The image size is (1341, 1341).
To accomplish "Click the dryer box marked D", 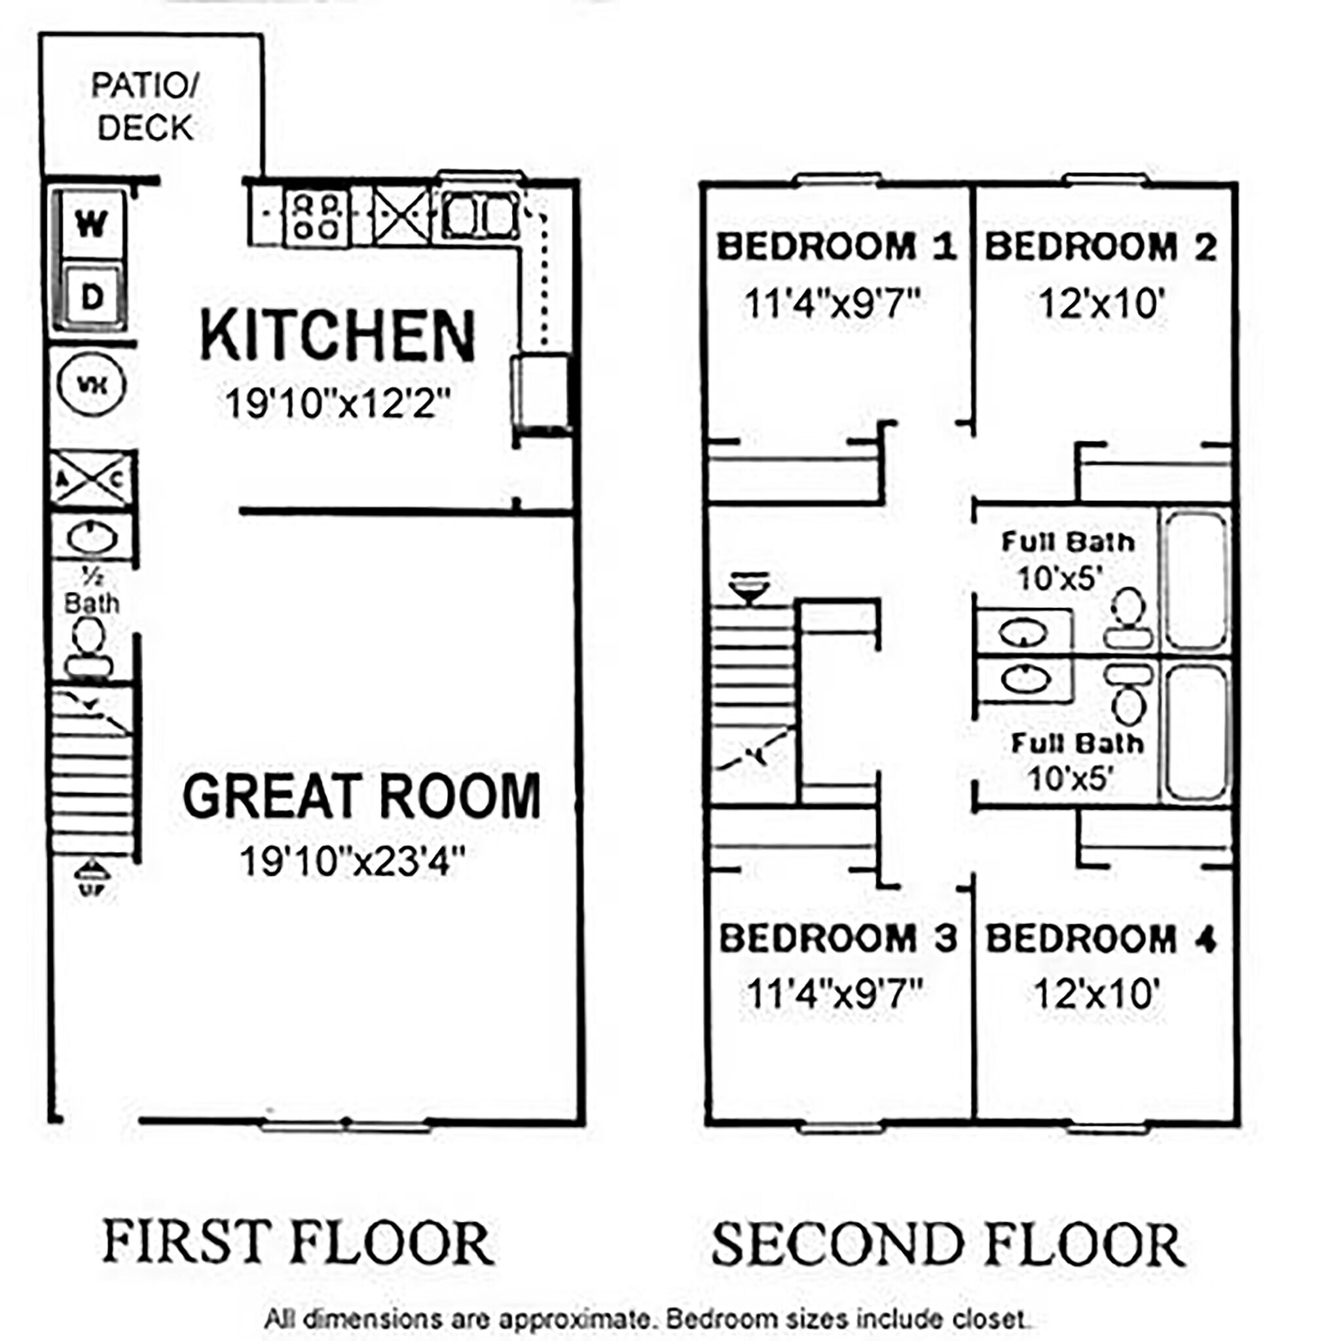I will click(x=92, y=297).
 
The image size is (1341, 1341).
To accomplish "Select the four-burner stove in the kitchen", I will click(x=316, y=216).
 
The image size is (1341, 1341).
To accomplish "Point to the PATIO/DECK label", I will click(x=145, y=107).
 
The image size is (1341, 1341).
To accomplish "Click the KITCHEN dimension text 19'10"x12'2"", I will click(x=338, y=403).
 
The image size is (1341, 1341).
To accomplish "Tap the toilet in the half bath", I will click(x=89, y=647).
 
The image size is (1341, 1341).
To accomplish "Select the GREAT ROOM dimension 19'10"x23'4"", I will click(x=352, y=860).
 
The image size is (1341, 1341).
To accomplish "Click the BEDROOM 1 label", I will click(x=836, y=246).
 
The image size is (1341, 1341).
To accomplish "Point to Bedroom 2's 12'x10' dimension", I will click(x=1101, y=303).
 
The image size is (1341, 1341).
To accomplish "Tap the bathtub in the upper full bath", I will click(x=1195, y=581).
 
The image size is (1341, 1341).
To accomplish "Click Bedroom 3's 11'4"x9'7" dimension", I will click(x=834, y=994).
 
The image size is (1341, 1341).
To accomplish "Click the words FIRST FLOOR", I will click(x=298, y=1241).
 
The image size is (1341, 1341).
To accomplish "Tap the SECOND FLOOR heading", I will click(x=948, y=1245).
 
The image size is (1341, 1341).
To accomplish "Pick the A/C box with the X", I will click(x=91, y=478).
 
